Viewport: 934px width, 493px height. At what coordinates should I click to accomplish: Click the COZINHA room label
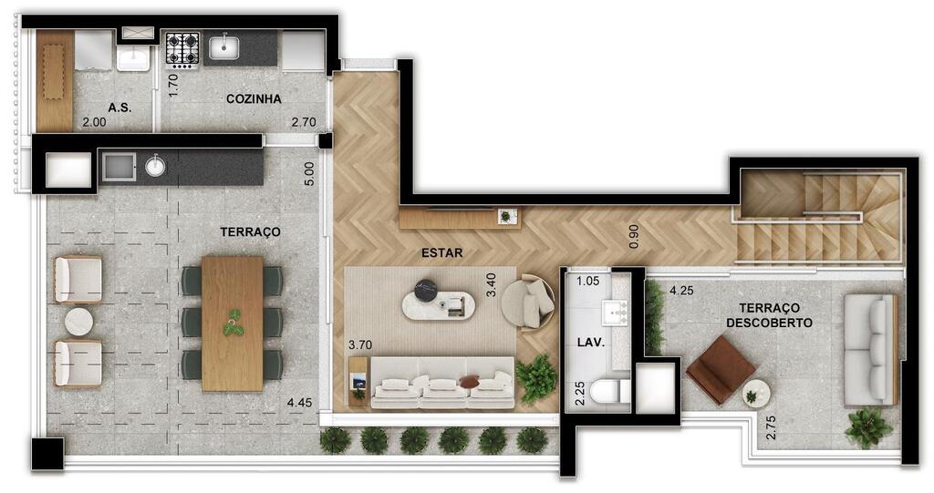(254, 98)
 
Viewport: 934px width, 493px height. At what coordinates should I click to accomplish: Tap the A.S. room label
(119, 108)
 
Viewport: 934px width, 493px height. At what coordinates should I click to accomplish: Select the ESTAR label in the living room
(442, 253)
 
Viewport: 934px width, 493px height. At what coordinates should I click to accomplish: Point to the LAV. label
(591, 343)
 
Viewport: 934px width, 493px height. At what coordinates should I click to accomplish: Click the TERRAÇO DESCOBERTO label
(770, 315)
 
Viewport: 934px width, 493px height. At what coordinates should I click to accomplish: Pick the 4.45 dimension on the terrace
(299, 403)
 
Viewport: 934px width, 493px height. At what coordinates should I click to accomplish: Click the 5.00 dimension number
(308, 174)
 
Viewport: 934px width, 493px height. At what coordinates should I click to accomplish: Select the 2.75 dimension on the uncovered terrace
(771, 427)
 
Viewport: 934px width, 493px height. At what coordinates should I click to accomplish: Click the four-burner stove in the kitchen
(182, 48)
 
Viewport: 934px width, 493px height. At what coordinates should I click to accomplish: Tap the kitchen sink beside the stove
(224, 47)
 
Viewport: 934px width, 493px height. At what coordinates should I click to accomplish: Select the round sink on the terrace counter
(155, 166)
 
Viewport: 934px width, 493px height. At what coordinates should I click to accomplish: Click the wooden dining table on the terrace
(233, 324)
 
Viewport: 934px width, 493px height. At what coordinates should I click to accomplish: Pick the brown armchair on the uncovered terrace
(721, 369)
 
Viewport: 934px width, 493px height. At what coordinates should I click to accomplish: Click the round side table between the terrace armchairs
(78, 322)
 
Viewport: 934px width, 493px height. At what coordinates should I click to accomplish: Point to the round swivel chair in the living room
(528, 302)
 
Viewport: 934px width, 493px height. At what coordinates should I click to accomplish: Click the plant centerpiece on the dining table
(233, 322)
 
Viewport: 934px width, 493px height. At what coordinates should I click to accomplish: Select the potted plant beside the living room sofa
(536, 379)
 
